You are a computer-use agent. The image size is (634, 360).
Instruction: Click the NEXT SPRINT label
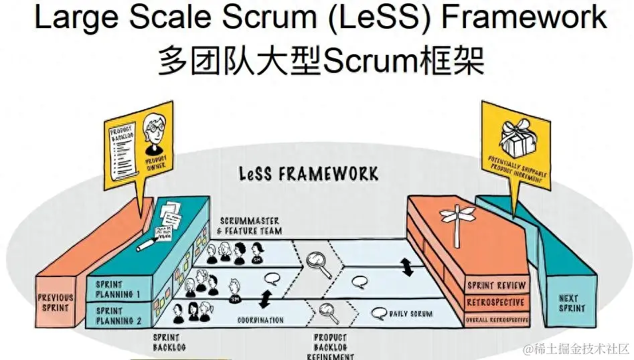(571, 304)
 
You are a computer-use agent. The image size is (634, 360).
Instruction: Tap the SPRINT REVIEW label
(496, 286)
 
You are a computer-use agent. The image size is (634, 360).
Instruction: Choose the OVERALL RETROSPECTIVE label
(496, 321)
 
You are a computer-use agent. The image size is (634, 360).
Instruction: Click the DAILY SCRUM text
(410, 313)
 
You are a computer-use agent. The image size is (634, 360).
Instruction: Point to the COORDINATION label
(260, 320)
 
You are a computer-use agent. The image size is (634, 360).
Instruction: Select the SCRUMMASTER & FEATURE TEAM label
(250, 226)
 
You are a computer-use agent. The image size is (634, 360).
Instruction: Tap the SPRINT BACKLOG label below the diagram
(169, 343)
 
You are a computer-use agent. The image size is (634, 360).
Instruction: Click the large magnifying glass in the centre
(319, 264)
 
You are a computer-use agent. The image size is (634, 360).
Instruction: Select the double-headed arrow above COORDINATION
(266, 298)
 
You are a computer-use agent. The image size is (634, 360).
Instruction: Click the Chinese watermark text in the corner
(576, 349)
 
